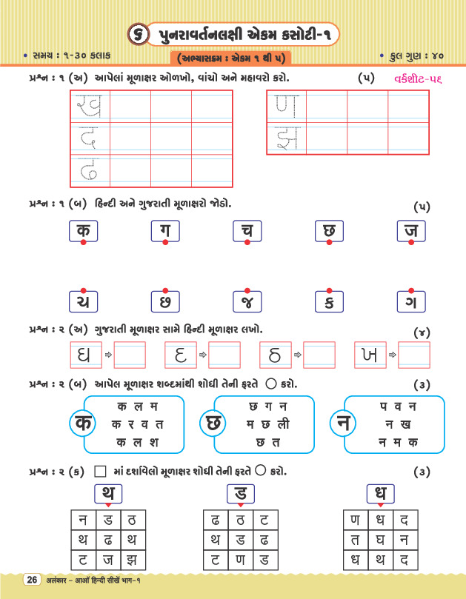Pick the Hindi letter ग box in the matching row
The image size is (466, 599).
pos(164,231)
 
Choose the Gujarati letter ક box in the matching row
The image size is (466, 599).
pos(329,302)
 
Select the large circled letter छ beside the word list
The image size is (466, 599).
pos(211,424)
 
